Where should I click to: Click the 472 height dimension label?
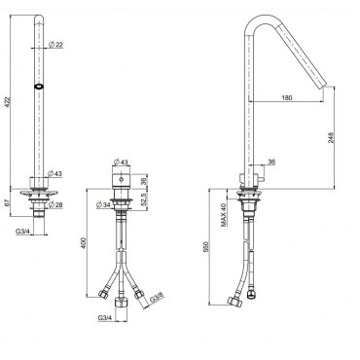9,101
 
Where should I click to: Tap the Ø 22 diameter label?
55,45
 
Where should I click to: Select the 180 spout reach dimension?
287,97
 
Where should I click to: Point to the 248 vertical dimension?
331,137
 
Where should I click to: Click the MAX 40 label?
223,215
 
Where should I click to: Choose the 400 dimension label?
84,243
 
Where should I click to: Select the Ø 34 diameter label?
103,205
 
